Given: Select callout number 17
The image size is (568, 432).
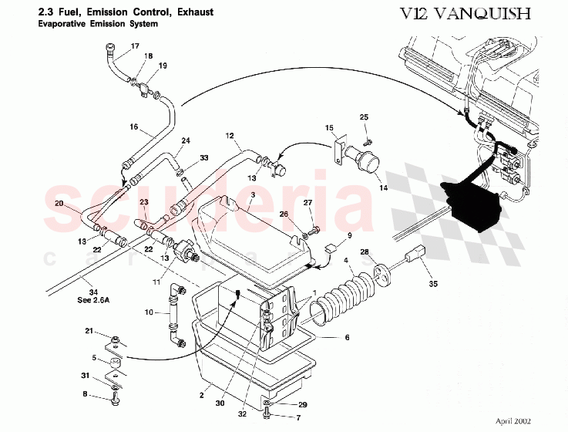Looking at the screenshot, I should tap(136, 47).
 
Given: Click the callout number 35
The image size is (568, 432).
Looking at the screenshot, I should tap(433, 284).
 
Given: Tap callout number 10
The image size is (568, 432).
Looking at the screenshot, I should tap(149, 313).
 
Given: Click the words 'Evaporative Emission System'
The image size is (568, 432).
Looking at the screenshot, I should tap(97, 24).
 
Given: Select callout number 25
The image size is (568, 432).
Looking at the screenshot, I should tap(365, 116).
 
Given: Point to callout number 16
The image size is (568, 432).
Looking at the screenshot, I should tap(133, 127).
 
